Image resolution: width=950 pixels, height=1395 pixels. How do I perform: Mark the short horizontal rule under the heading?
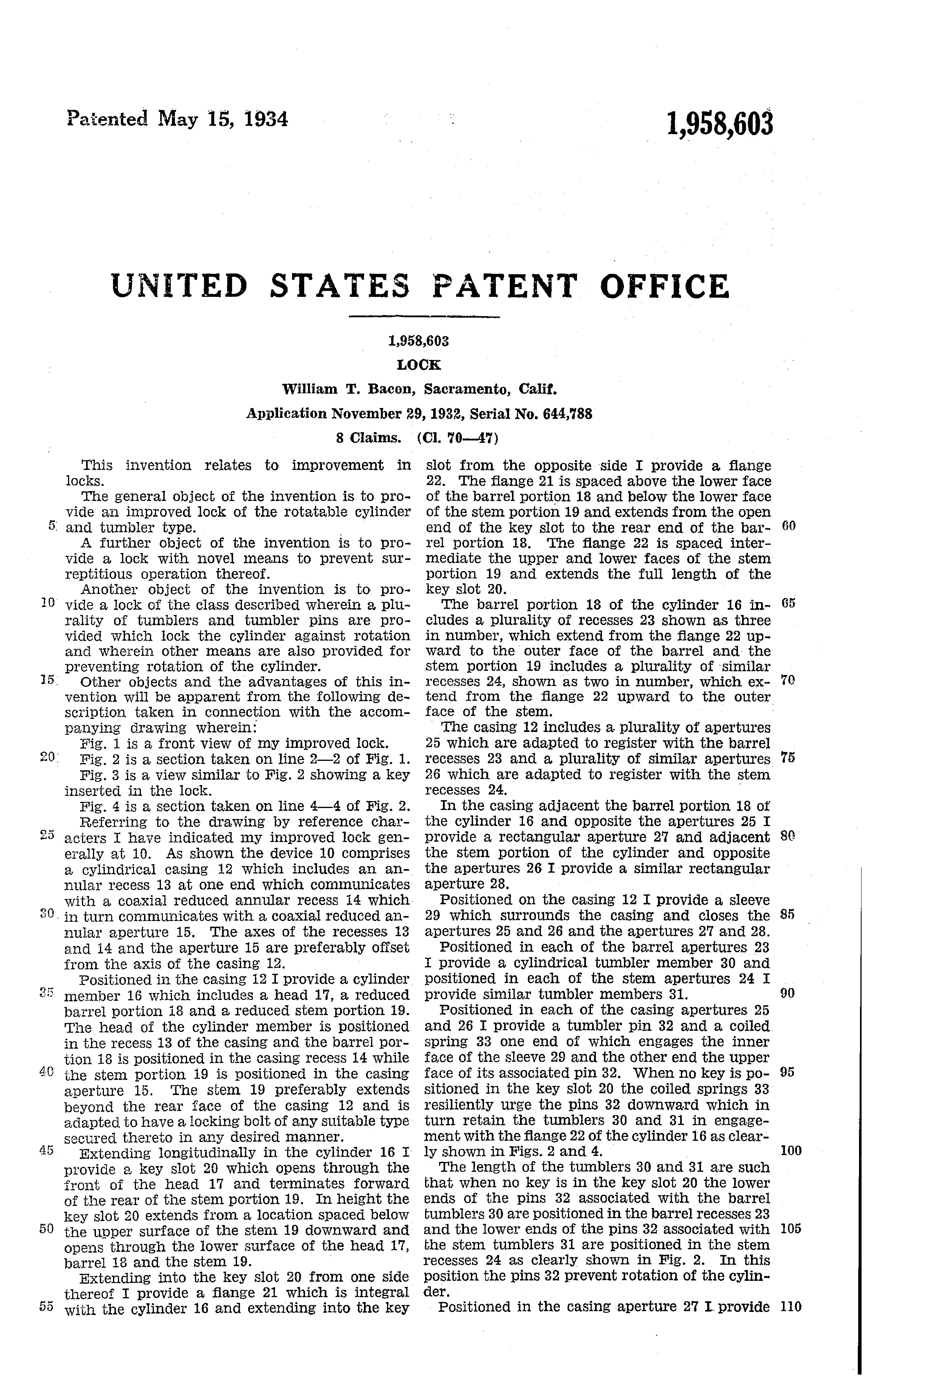pyautogui.click(x=424, y=316)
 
